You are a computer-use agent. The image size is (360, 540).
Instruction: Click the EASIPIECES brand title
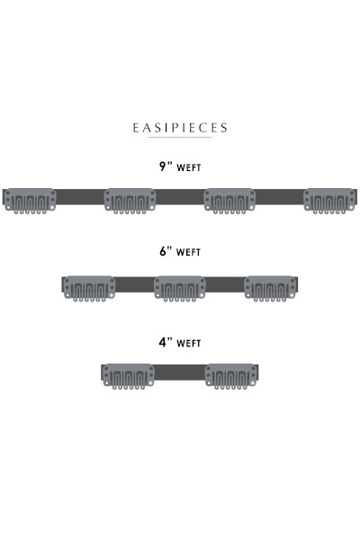coord(180,128)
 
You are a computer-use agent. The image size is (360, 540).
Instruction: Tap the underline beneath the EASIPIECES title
coord(180,138)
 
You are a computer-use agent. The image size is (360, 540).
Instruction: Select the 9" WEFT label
coord(180,166)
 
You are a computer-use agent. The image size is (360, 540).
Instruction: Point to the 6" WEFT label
coord(180,251)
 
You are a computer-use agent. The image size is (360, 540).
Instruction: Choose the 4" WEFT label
coord(180,342)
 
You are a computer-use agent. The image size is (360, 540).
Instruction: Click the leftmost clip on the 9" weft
coord(30,201)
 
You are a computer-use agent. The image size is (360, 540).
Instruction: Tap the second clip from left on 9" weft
coord(130,201)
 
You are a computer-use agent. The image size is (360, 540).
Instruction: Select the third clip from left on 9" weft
coord(229,201)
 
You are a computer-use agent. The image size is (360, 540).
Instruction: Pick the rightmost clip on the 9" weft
coord(329,201)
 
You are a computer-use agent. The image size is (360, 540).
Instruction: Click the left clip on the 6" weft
coord(89,289)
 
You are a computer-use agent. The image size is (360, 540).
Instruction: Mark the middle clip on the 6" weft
coord(180,289)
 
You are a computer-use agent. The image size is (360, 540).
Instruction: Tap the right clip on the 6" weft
coord(270,289)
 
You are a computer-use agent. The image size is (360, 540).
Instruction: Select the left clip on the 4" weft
coord(128,376)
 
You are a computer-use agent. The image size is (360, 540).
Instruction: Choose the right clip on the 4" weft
coord(230,376)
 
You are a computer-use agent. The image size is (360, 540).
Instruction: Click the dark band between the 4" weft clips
coord(179,373)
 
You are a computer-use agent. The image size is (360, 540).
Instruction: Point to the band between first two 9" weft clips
coord(80,197)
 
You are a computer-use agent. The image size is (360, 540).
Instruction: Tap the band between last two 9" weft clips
coord(279,197)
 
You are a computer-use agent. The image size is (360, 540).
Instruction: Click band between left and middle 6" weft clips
coord(135,284)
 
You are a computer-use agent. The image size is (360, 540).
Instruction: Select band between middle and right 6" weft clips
coord(225,284)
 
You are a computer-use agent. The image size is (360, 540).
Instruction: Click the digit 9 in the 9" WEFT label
coord(163,166)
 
